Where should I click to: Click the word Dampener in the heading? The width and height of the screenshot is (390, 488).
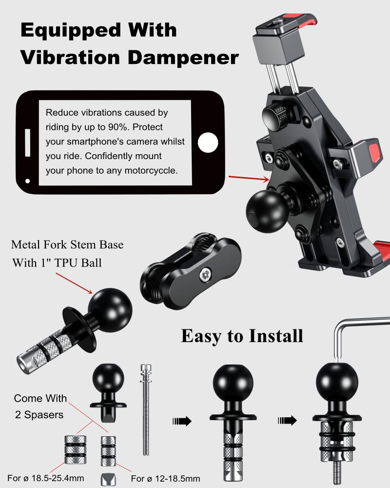[183, 57]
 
